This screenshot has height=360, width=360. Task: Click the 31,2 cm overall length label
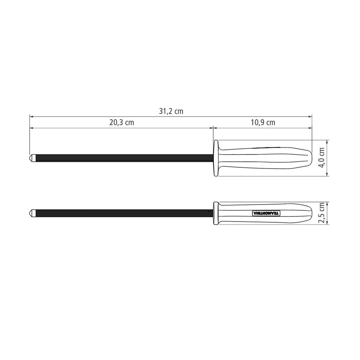coord(171,111)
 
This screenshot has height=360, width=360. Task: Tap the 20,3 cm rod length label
coord(121,123)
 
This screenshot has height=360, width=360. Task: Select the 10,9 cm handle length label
coord(263,123)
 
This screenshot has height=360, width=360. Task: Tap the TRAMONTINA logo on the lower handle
coord(265,213)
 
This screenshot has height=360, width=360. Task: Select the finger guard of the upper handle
coord(216,158)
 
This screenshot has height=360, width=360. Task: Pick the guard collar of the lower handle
coord(216,213)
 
